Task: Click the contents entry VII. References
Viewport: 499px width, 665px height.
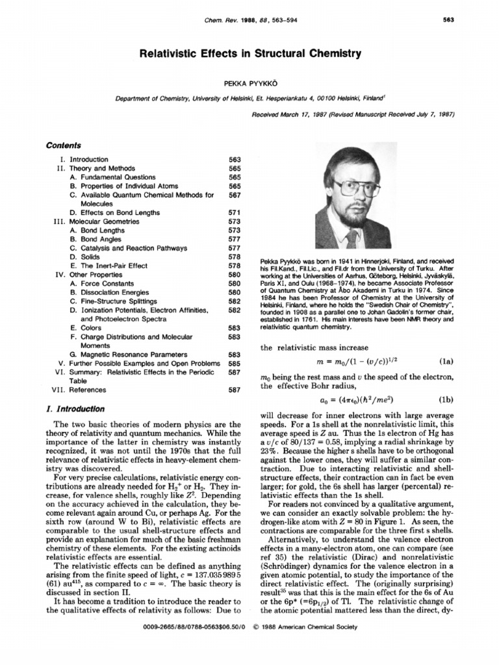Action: click(79, 390)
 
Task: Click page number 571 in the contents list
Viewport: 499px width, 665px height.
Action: click(235, 212)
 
